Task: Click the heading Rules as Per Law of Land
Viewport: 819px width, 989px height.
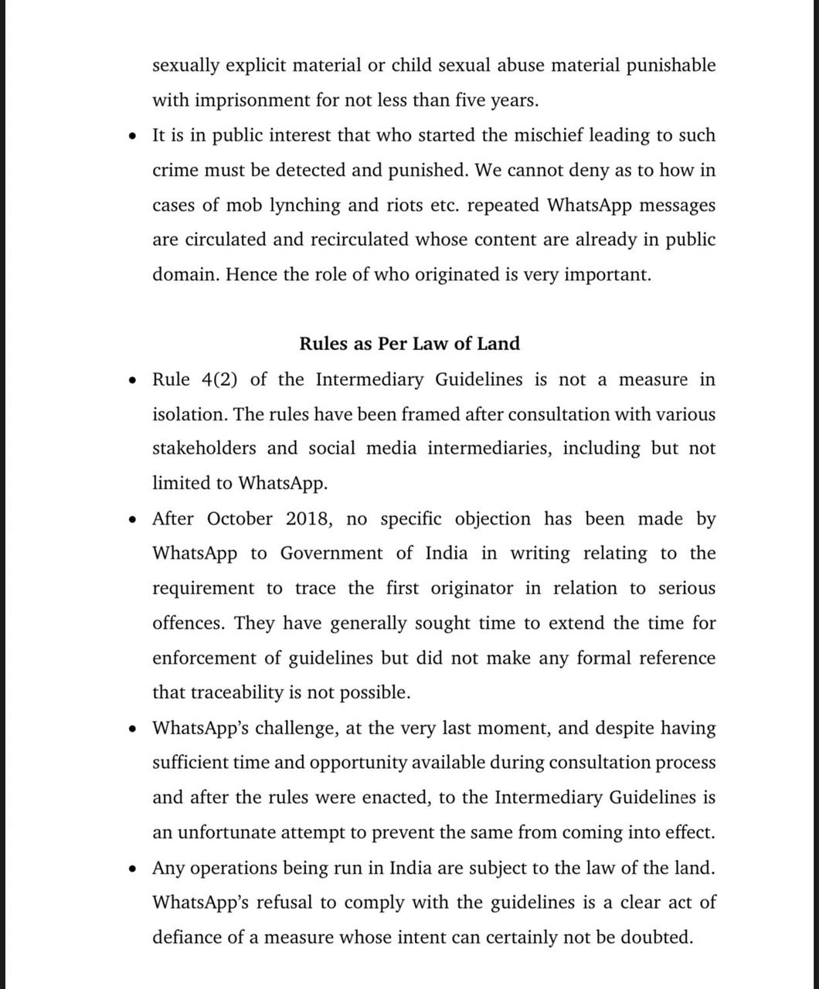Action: coord(409,344)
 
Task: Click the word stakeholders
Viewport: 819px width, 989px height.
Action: coord(204,449)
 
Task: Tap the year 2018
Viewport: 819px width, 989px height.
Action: coord(309,518)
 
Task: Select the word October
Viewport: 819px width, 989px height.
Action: coord(240,518)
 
